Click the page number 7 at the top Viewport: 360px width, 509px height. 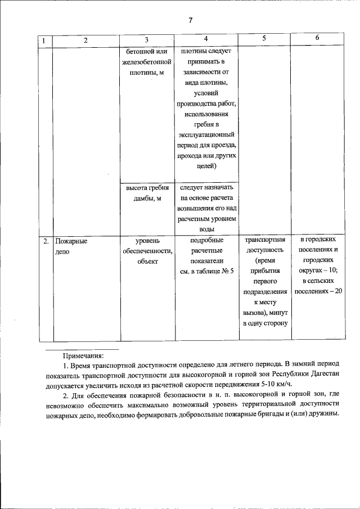(x=190, y=20)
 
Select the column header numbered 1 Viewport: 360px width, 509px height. (x=44, y=40)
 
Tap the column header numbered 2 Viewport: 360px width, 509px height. (x=85, y=40)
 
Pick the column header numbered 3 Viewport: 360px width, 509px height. (x=146, y=40)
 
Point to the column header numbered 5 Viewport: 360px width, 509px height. (x=264, y=38)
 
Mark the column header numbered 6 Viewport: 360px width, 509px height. (x=317, y=38)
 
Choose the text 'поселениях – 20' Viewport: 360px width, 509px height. (x=318, y=291)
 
